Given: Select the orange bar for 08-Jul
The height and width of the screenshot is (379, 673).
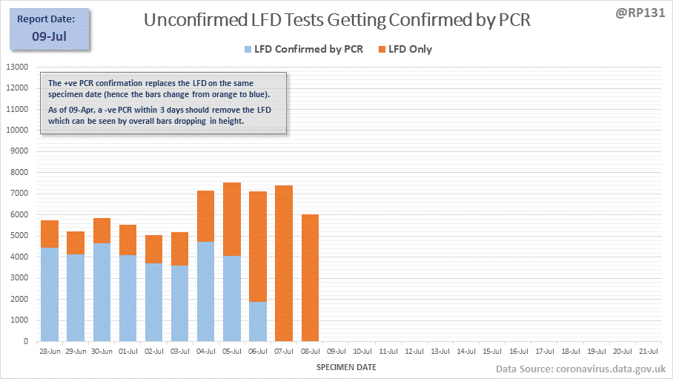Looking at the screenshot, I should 310,278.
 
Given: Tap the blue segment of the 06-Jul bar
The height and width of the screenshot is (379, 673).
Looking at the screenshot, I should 258,322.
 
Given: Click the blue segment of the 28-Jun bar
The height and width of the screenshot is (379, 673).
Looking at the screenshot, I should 50,294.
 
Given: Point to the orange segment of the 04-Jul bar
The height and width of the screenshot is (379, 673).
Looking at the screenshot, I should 206,216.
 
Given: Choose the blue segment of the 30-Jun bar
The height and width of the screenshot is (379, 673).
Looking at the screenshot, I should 102,292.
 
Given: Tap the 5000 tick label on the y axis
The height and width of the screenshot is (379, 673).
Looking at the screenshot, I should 19,236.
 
